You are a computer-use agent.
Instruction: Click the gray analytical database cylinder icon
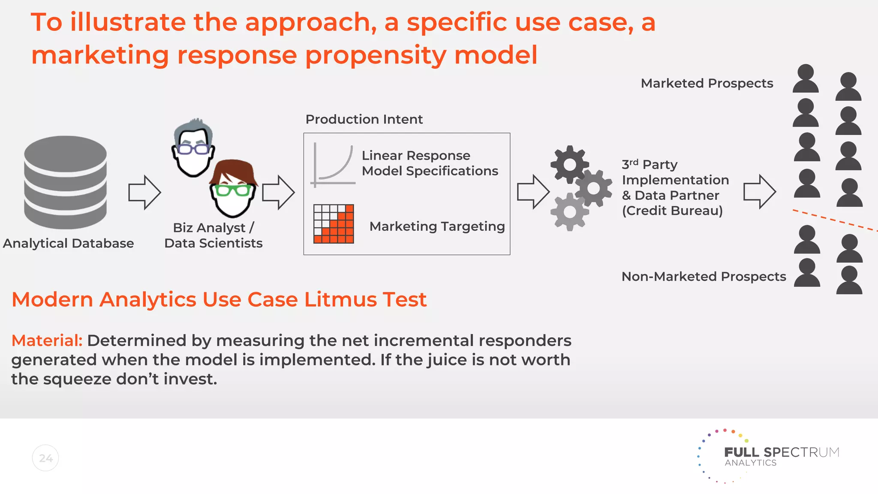[65, 182]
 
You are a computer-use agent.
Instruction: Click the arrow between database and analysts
[144, 193]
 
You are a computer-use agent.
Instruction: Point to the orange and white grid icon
[334, 224]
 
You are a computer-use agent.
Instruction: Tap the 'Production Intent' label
[364, 119]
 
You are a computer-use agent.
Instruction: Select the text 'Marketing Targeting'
[437, 226]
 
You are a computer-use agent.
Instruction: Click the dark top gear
[569, 164]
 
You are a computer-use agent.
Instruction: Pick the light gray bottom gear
[569, 212]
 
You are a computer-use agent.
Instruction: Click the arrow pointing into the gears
[533, 192]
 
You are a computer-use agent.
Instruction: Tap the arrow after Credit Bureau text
[759, 192]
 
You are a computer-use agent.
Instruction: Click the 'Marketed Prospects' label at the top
[707, 83]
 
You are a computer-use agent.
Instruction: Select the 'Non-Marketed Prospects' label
[704, 277]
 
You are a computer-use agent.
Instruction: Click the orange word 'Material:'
[47, 340]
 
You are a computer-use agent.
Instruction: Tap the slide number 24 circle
[45, 458]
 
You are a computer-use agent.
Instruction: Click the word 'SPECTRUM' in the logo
[801, 452]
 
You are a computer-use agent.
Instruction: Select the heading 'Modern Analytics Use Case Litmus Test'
[219, 299]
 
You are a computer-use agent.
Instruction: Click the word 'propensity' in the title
[375, 56]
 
